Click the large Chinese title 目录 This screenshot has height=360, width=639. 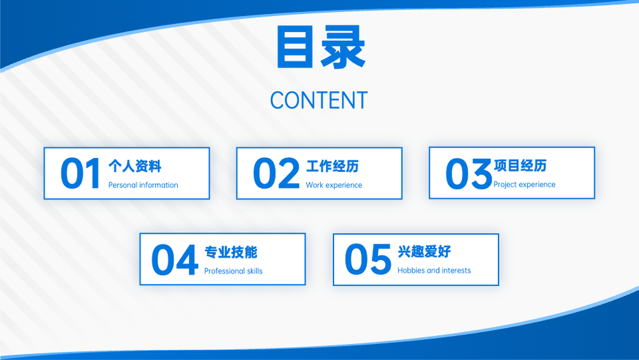pyautogui.click(x=321, y=47)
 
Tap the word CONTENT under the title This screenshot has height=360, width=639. pyautogui.click(x=319, y=100)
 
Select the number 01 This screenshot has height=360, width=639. pyautogui.click(x=80, y=173)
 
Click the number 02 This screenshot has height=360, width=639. pyautogui.click(x=276, y=173)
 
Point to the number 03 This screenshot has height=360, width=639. pyautogui.click(x=468, y=174)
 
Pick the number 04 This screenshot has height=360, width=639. pyautogui.click(x=174, y=260)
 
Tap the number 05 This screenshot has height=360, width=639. pyautogui.click(x=367, y=259)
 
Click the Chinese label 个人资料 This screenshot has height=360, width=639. pyautogui.click(x=135, y=166)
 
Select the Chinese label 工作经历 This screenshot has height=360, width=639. pyautogui.click(x=332, y=166)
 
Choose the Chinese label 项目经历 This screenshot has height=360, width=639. pyautogui.click(x=520, y=166)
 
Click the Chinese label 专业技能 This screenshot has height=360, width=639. pyautogui.click(x=231, y=253)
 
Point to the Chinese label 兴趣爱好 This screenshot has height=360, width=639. pyautogui.click(x=424, y=251)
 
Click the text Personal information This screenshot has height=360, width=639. pyautogui.click(x=143, y=185)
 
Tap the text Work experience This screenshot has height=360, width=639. pyautogui.click(x=334, y=185)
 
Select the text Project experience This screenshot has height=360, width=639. pyautogui.click(x=525, y=185)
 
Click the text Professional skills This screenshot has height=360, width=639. pyautogui.click(x=233, y=271)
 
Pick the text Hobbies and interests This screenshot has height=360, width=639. pyautogui.click(x=434, y=270)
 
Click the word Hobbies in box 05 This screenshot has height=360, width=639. pyautogui.click(x=411, y=270)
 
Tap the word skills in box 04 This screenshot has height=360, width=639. pyautogui.click(x=254, y=271)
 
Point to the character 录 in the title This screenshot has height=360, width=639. pyautogui.click(x=343, y=47)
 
